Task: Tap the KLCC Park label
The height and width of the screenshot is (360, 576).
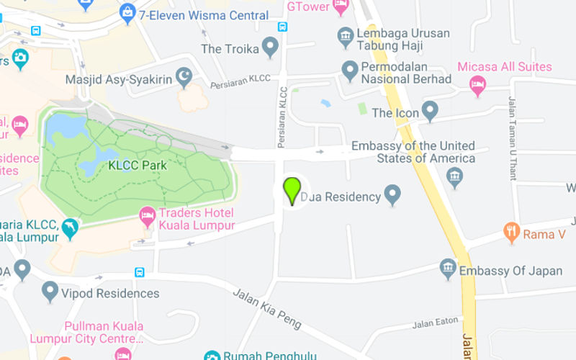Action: click(137, 166)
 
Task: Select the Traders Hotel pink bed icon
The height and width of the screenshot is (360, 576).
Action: click(148, 215)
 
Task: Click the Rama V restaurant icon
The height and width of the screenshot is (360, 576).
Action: click(512, 232)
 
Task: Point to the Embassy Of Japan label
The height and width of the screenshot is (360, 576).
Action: click(510, 271)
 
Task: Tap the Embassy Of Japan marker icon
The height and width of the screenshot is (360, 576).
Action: click(448, 269)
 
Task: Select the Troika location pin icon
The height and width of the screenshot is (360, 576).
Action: click(270, 48)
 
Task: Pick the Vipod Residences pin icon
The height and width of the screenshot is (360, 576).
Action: click(50, 291)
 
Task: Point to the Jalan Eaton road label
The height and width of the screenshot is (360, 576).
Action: click(436, 324)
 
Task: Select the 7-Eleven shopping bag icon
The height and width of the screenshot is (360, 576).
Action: click(127, 12)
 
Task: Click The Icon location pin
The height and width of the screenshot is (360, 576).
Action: click(430, 111)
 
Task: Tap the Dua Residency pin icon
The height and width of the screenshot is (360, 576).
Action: click(392, 194)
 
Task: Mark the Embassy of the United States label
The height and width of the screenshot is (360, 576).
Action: click(413, 152)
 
